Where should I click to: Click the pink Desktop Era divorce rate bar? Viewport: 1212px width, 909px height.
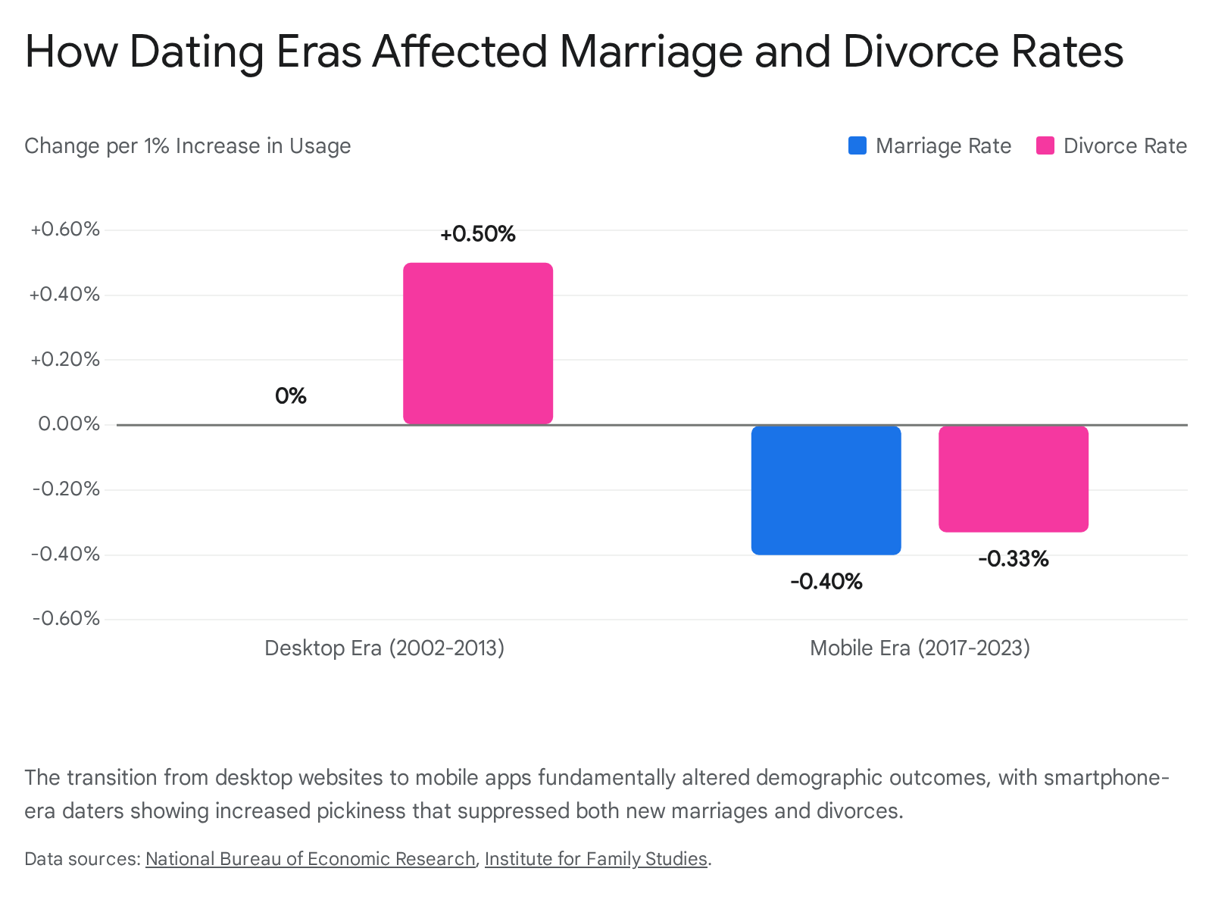(x=478, y=343)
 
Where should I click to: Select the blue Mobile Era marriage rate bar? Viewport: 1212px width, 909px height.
(x=826, y=490)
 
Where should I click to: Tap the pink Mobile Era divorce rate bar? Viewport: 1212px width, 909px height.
(x=1014, y=479)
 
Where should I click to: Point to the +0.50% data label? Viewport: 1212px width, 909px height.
(x=478, y=234)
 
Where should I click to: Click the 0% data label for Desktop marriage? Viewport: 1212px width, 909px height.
(x=290, y=395)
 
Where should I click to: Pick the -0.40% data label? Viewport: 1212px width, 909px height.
(x=826, y=581)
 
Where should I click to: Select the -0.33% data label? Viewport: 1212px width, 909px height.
(x=1014, y=558)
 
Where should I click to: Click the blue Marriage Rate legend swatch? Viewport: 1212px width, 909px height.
(x=857, y=145)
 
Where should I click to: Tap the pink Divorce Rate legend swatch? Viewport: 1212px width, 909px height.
(x=1045, y=145)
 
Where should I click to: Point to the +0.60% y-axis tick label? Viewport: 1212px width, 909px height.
(x=65, y=229)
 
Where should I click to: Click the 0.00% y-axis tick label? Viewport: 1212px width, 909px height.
(x=69, y=424)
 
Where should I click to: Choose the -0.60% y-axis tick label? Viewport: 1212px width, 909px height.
(x=66, y=618)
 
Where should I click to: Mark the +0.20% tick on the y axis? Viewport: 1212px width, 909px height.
(x=65, y=359)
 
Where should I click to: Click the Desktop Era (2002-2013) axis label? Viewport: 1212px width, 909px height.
(x=384, y=648)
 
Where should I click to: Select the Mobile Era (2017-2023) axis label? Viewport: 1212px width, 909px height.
(x=920, y=648)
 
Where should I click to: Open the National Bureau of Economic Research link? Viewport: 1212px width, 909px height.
(x=311, y=859)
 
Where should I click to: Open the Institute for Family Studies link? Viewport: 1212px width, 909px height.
(x=596, y=859)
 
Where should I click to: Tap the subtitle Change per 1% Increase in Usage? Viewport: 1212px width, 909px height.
(x=188, y=146)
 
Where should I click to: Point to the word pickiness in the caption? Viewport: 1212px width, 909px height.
(x=361, y=811)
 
